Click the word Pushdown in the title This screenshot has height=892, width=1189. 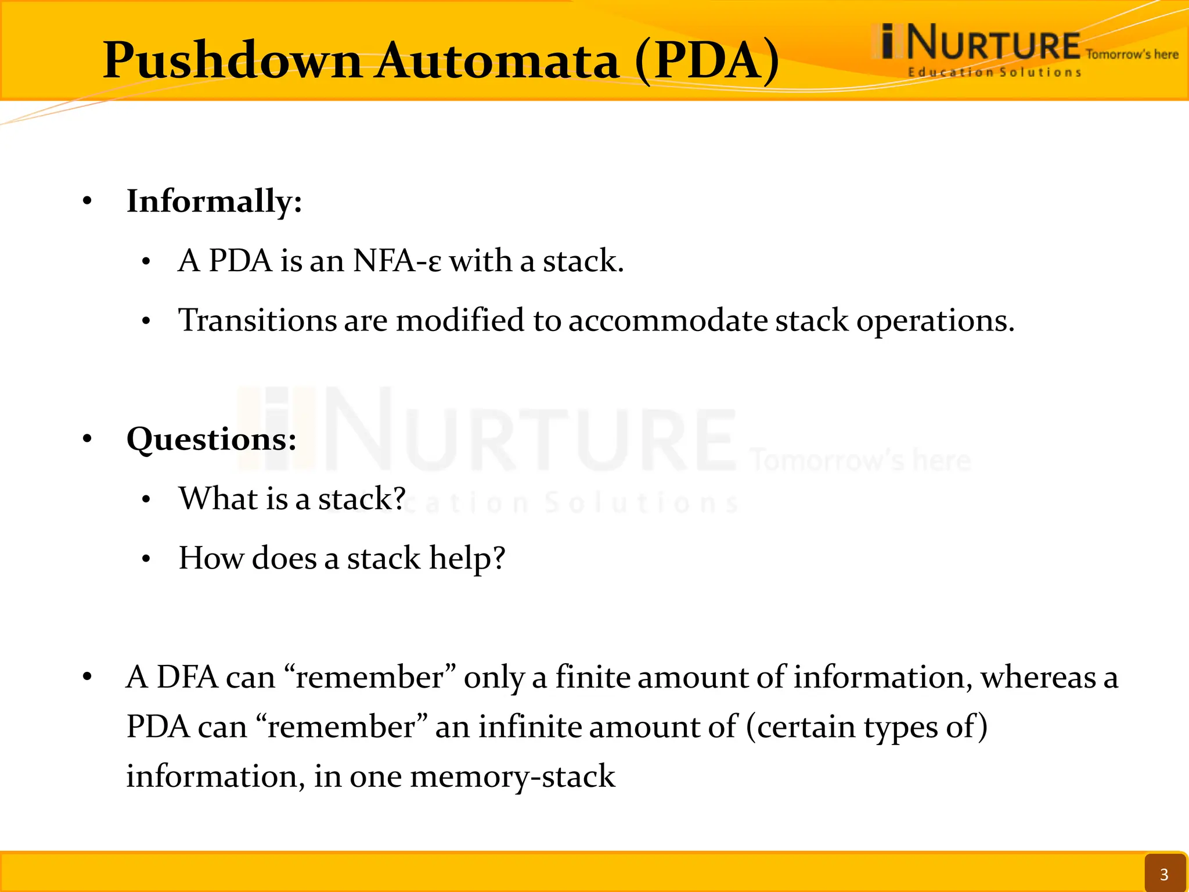coord(232,61)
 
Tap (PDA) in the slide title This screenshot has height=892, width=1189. coord(707,61)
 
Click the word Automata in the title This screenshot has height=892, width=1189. coord(498,61)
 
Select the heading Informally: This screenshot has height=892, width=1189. coord(214,202)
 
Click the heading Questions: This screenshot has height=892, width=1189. coord(211,439)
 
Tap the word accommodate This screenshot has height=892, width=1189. coord(668,321)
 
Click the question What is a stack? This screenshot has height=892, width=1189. coord(292,499)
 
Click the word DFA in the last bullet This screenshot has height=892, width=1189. coord(187,678)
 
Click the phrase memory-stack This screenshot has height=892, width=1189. coord(513,776)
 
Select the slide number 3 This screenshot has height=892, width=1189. coord(1163,874)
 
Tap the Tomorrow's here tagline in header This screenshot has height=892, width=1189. coord(1132,55)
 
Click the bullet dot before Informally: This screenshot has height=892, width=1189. coord(87,202)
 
